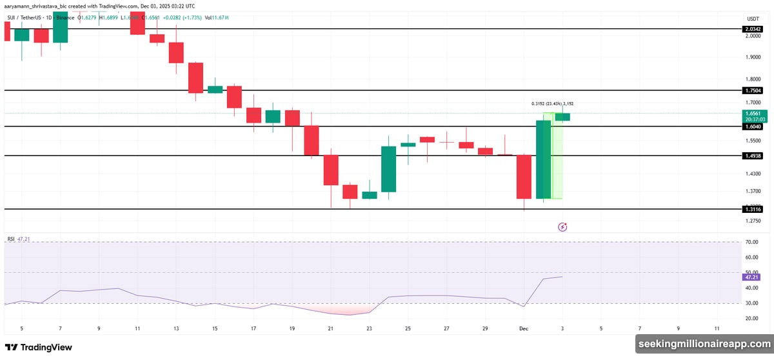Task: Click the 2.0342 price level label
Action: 753,29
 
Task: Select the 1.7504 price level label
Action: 753,90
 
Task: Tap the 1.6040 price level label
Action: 753,126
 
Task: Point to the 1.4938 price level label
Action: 753,156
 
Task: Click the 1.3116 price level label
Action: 753,209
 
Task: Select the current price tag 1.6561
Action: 753,113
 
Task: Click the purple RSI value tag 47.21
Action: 751,277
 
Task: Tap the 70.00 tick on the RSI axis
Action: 751,242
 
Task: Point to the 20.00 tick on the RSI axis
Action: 751,319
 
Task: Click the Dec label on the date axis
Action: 524,328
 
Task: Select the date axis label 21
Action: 331,328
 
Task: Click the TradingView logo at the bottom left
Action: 38,347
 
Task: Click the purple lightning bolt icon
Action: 562,226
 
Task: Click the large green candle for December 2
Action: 544,159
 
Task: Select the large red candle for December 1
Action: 524,177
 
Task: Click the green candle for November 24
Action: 389,169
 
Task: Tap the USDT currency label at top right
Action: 752,19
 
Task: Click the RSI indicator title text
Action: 11,239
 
